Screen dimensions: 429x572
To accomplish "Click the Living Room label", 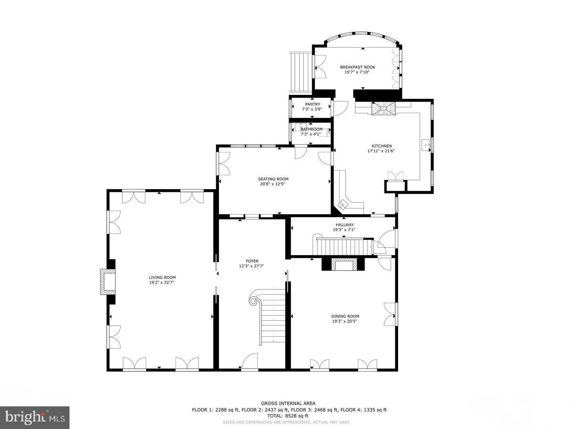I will point(162,278).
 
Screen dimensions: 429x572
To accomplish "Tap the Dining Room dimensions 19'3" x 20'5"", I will point(345,321).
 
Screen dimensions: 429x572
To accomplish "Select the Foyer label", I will point(252,261).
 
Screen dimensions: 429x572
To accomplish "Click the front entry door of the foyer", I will point(250,362).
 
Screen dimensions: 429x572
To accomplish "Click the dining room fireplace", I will point(344,265).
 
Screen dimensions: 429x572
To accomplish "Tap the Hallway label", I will point(344,225).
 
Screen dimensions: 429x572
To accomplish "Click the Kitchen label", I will point(381,146).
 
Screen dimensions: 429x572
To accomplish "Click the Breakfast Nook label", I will point(357,67).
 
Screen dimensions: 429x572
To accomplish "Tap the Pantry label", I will point(312,104).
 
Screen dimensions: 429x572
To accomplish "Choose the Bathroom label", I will point(311,129).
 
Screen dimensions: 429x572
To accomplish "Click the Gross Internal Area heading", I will point(288,404).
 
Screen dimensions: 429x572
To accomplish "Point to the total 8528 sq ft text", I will point(288,416).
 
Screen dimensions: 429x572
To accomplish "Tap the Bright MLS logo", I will point(35,417).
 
